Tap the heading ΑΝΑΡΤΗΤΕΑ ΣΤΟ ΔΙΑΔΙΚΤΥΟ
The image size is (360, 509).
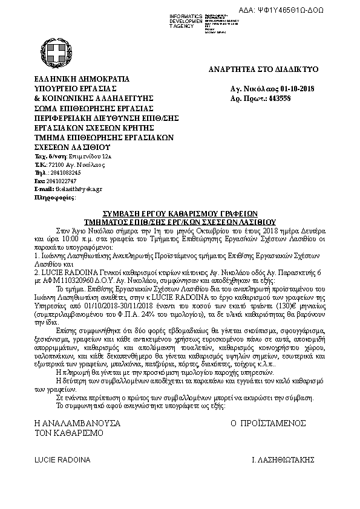264,70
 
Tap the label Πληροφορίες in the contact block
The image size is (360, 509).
55,197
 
